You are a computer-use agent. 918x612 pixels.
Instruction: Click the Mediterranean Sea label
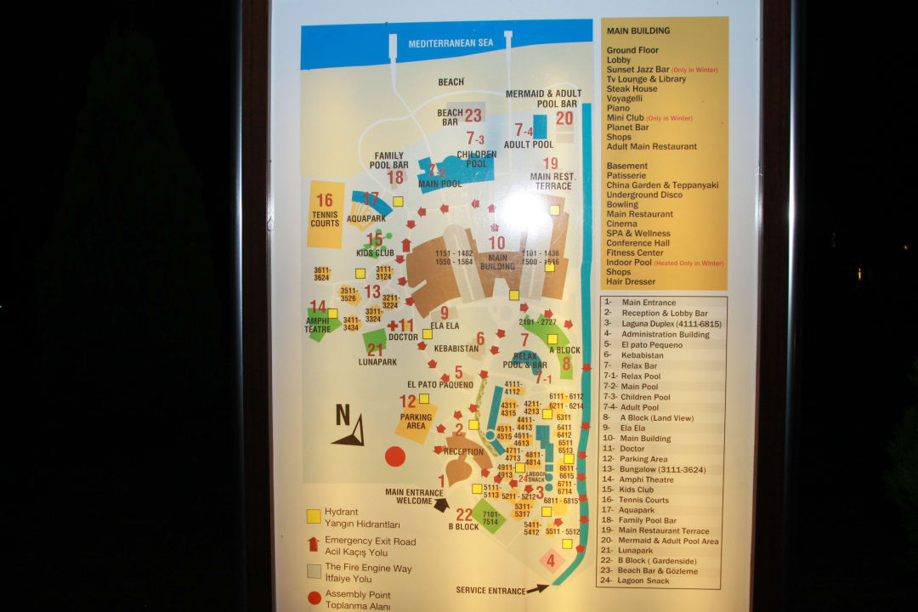450,43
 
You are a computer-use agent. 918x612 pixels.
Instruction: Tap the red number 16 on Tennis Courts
324,201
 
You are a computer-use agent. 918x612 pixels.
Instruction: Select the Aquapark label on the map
366,218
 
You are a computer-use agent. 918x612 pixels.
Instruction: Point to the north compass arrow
349,429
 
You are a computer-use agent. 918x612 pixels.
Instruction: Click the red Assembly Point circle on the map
395,456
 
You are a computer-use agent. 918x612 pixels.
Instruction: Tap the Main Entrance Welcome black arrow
441,504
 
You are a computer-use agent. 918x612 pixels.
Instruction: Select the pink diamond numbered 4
550,560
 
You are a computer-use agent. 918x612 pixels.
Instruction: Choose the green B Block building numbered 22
490,516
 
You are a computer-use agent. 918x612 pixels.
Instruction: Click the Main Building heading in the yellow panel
638,31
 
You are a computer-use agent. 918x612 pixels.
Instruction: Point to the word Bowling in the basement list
622,205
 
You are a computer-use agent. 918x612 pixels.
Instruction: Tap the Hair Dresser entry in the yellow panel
631,281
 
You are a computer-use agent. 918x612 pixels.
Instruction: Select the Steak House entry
632,88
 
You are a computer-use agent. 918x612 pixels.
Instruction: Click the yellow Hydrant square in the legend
314,515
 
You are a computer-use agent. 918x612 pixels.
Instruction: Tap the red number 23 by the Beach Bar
473,116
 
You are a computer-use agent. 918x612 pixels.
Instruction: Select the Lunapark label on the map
377,362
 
